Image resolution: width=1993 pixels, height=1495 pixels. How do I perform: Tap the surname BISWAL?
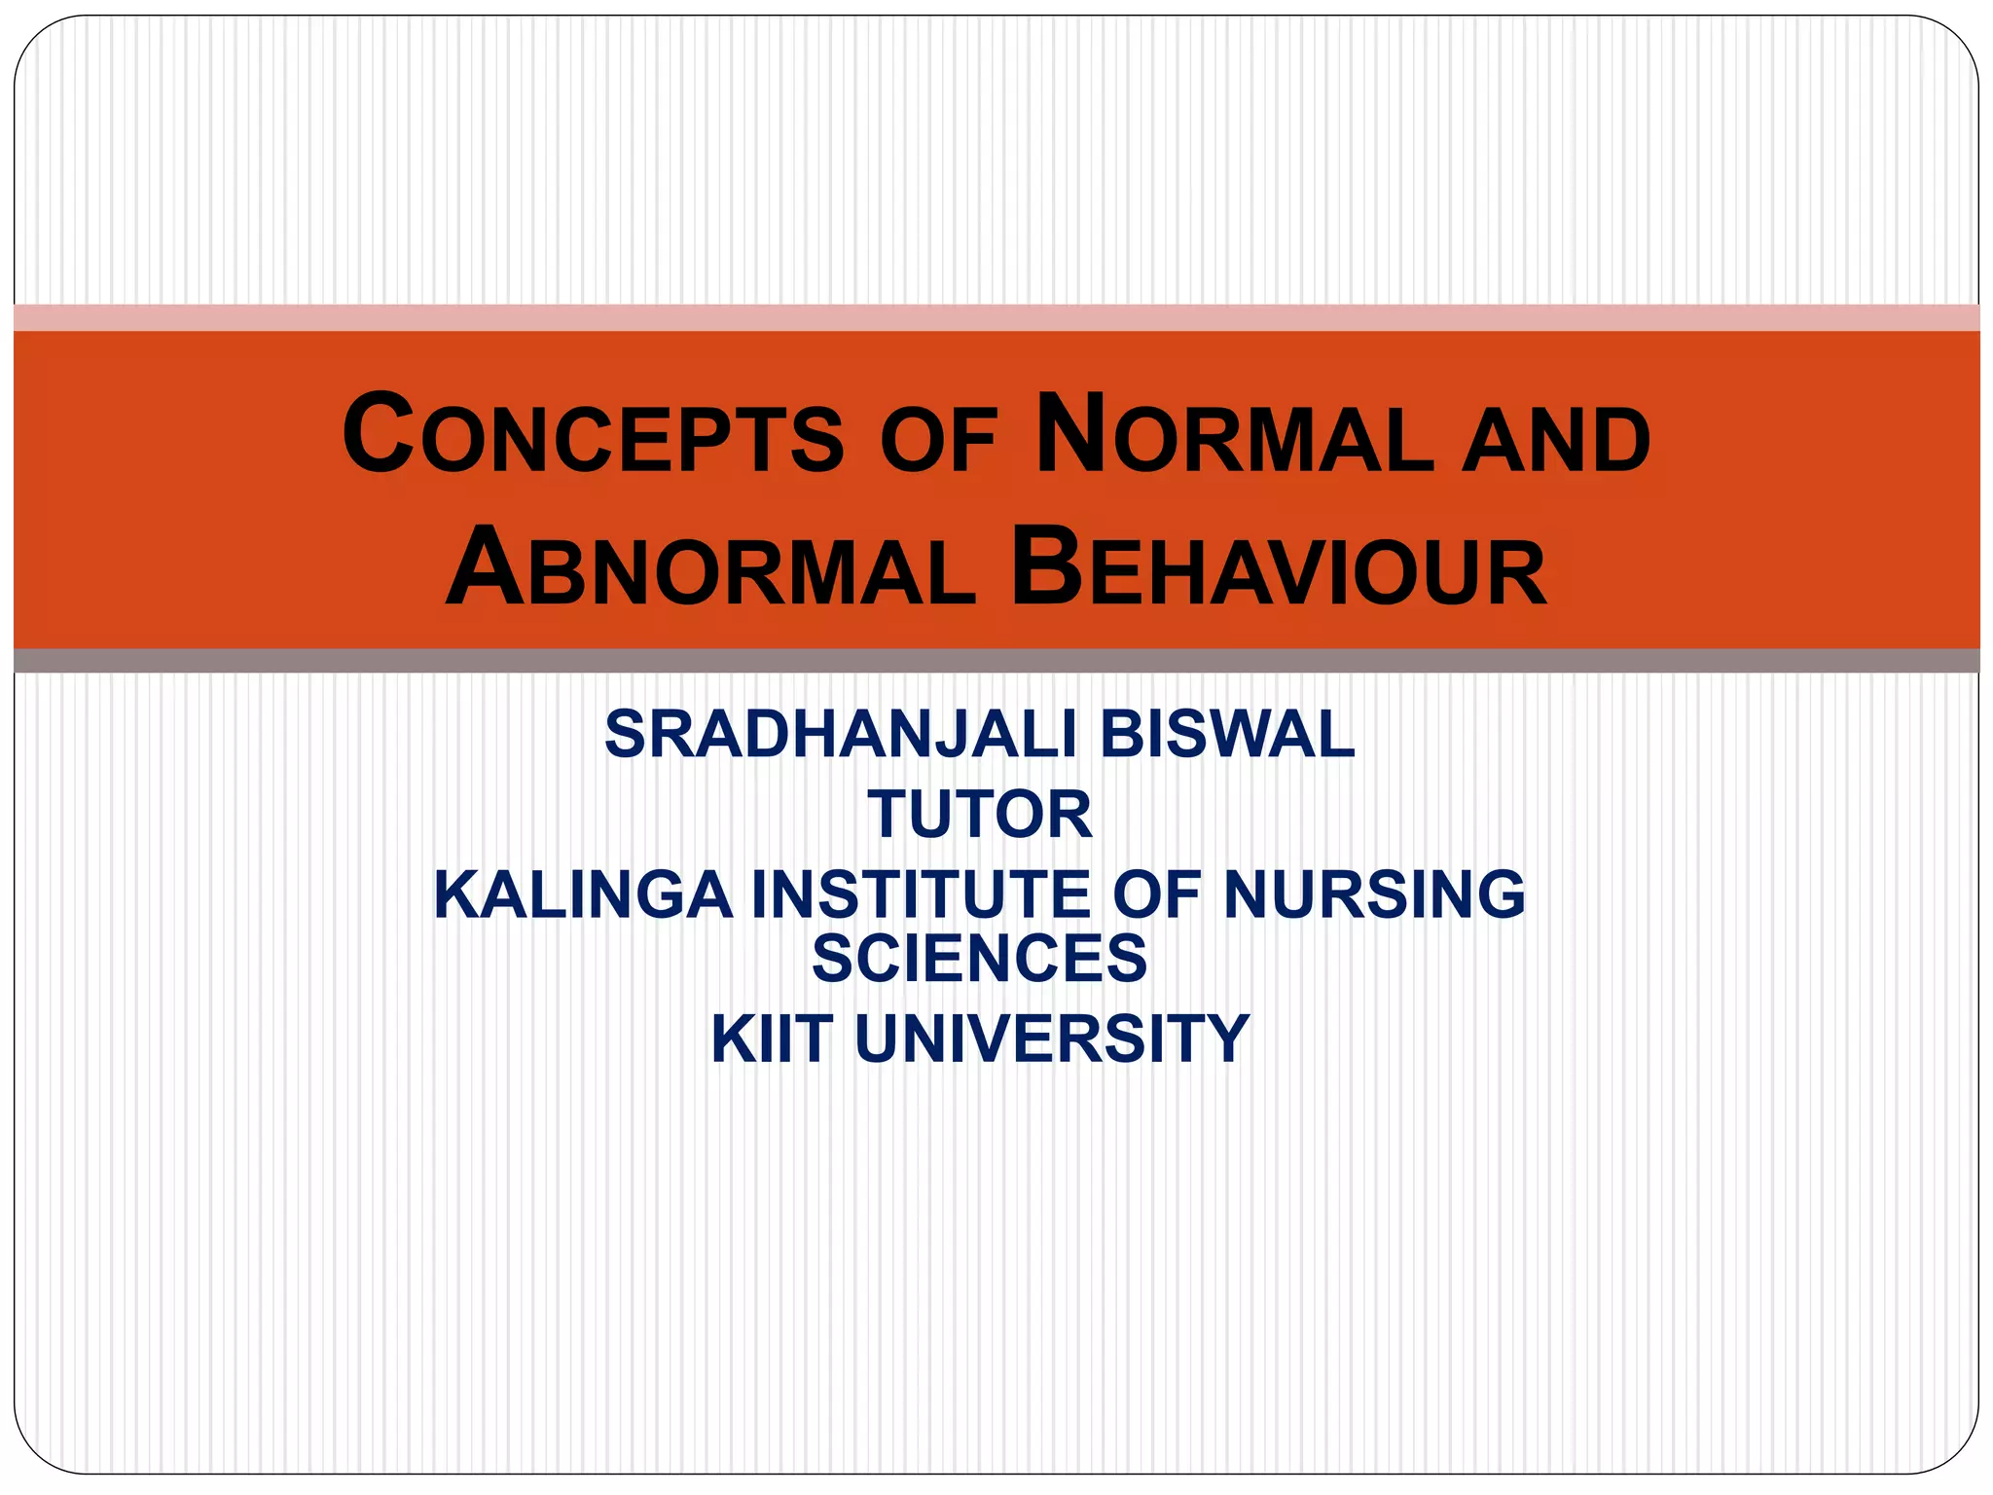[x=1227, y=734]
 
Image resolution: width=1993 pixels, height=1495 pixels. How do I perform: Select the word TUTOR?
[x=980, y=815]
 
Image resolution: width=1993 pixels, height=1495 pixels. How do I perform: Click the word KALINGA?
[x=583, y=894]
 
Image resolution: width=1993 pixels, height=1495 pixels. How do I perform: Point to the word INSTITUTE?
[x=921, y=894]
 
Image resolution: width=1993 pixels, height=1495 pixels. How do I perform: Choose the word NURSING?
[x=1374, y=894]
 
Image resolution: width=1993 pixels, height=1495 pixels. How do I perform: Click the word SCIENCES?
[x=979, y=959]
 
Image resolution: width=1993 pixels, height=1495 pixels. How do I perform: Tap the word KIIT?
[x=772, y=1039]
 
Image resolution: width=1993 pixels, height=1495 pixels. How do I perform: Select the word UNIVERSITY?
[x=1052, y=1039]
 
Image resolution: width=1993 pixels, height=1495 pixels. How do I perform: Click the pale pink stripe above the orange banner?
[x=996, y=317]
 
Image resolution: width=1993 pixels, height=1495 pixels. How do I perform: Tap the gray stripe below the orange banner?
[x=996, y=661]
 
